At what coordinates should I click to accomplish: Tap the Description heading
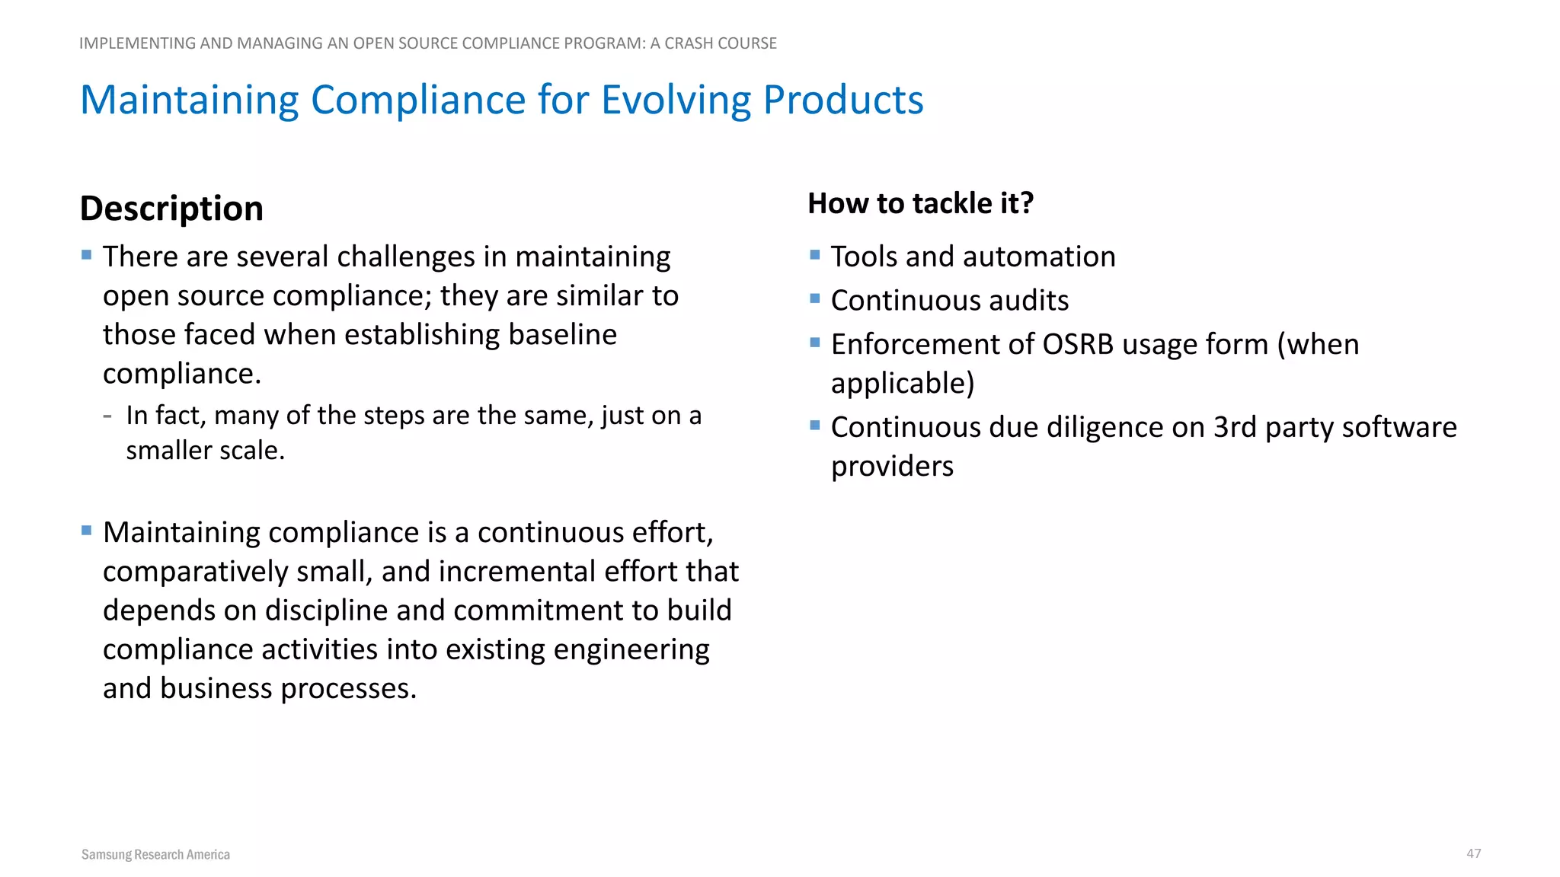pos(171,209)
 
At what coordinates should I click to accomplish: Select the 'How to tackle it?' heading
pos(920,203)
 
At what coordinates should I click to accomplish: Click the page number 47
pos(1473,853)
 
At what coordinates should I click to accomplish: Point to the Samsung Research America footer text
pos(155,854)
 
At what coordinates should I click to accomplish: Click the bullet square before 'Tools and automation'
pos(815,255)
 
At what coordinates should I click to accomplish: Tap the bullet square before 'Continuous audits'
pos(815,298)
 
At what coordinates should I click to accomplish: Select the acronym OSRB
pos(1078,345)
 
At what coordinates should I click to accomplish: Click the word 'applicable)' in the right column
pos(903,384)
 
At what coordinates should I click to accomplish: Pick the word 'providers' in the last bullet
pos(892,466)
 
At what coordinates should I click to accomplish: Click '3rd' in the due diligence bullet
pos(1235,428)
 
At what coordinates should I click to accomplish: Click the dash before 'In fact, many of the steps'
pos(107,416)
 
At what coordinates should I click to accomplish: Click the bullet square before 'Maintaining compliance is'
pos(87,531)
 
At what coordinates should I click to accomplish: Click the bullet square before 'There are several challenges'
pos(87,255)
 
